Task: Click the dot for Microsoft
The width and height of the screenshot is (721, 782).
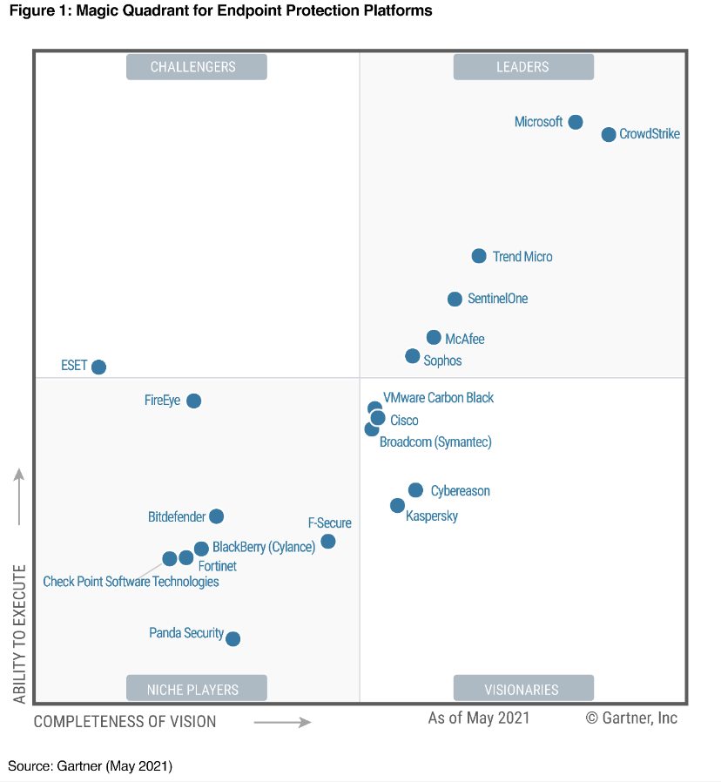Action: pyautogui.click(x=576, y=122)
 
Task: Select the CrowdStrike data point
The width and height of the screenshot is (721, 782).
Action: pyautogui.click(x=609, y=134)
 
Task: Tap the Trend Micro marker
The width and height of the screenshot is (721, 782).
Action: pyautogui.click(x=479, y=256)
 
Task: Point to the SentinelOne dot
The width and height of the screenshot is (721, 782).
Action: pyautogui.click(x=455, y=299)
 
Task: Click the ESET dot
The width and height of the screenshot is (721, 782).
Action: pyautogui.click(x=99, y=367)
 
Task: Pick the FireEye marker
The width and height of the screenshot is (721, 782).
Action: pyautogui.click(x=194, y=401)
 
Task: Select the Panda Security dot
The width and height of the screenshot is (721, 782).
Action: pyautogui.click(x=232, y=638)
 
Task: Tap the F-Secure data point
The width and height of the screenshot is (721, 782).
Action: pyautogui.click(x=328, y=542)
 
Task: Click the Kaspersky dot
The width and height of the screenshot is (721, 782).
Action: pyautogui.click(x=398, y=505)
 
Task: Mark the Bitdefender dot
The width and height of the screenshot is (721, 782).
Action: pyautogui.click(x=217, y=516)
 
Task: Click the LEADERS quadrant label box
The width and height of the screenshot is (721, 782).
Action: pyautogui.click(x=523, y=67)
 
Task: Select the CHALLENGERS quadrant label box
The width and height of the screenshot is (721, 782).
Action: pyautogui.click(x=196, y=67)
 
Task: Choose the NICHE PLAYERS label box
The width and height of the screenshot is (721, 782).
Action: pyautogui.click(x=196, y=689)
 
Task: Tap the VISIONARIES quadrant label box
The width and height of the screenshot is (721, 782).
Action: pyautogui.click(x=523, y=689)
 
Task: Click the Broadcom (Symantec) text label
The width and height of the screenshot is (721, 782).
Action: pyautogui.click(x=435, y=442)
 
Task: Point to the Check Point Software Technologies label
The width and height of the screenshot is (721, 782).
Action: pyautogui.click(x=131, y=582)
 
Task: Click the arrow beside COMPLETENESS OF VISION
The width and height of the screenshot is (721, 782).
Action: pyautogui.click(x=282, y=722)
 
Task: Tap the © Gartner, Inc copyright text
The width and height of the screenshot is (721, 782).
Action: pyautogui.click(x=631, y=718)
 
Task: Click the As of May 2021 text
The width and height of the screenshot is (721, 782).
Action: pyautogui.click(x=479, y=718)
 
